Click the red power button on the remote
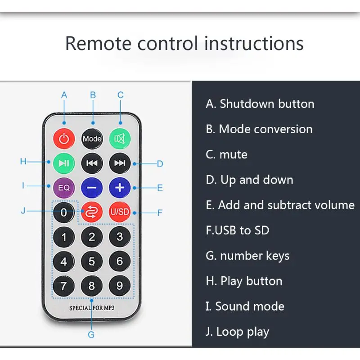click(64, 139)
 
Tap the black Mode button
click(92, 139)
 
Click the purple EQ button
click(64, 187)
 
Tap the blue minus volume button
click(92, 187)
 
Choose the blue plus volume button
click(120, 187)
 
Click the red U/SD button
click(120, 212)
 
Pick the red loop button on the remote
click(92, 212)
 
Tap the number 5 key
click(92, 261)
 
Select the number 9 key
click(120, 286)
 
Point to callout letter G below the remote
click(91, 334)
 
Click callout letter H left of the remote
click(23, 162)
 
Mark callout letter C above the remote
click(121, 95)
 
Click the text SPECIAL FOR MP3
click(92, 309)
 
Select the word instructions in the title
click(254, 44)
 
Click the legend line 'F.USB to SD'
click(238, 230)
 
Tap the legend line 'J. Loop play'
click(238, 332)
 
